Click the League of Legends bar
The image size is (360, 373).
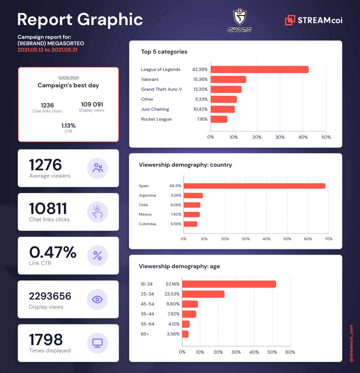260,69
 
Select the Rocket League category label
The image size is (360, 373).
156,119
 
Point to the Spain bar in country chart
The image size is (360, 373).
254,186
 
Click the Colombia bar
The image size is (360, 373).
190,224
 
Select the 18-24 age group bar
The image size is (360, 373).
229,284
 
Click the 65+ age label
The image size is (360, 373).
144,334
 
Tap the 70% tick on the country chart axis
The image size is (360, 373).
329,239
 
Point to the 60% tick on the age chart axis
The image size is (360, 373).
290,352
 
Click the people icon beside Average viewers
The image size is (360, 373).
97,168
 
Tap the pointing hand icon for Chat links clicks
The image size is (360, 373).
97,212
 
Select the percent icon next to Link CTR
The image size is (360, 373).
97,256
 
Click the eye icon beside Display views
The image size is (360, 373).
97,299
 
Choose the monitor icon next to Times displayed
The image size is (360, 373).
97,343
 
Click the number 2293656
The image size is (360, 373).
50,296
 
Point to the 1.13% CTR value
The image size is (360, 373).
68,126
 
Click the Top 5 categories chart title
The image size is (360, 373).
164,52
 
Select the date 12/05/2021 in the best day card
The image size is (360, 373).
68,78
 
